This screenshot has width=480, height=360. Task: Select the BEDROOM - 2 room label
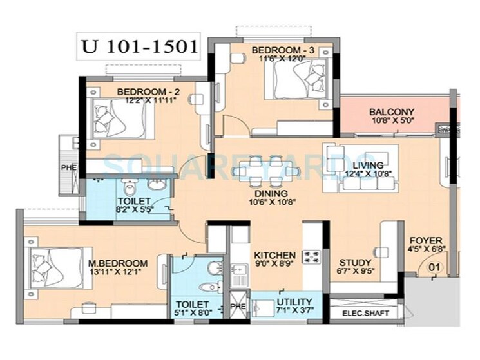point(148,91)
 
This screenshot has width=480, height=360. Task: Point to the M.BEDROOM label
point(119,263)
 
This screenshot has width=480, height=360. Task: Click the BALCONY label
point(392,111)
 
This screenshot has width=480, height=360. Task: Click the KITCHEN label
point(274,255)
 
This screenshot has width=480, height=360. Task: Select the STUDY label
point(355,263)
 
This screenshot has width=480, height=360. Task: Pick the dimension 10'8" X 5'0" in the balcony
point(392,120)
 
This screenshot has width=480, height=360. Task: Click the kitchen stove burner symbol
point(312,256)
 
